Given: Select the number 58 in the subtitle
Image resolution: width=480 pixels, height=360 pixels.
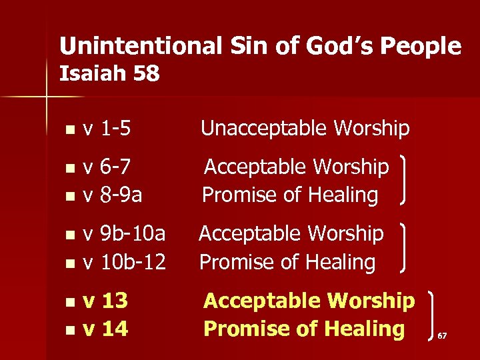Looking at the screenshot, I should (x=146, y=74).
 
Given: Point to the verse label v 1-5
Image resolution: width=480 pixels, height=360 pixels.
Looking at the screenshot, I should (x=111, y=129).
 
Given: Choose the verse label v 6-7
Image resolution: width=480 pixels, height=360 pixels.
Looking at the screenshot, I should (x=111, y=167).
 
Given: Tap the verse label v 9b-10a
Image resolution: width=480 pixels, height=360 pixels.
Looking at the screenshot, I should (x=124, y=233).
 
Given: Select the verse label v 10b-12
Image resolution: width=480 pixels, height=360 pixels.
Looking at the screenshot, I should (x=124, y=262).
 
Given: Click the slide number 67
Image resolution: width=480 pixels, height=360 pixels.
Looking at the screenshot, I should (x=442, y=336).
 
